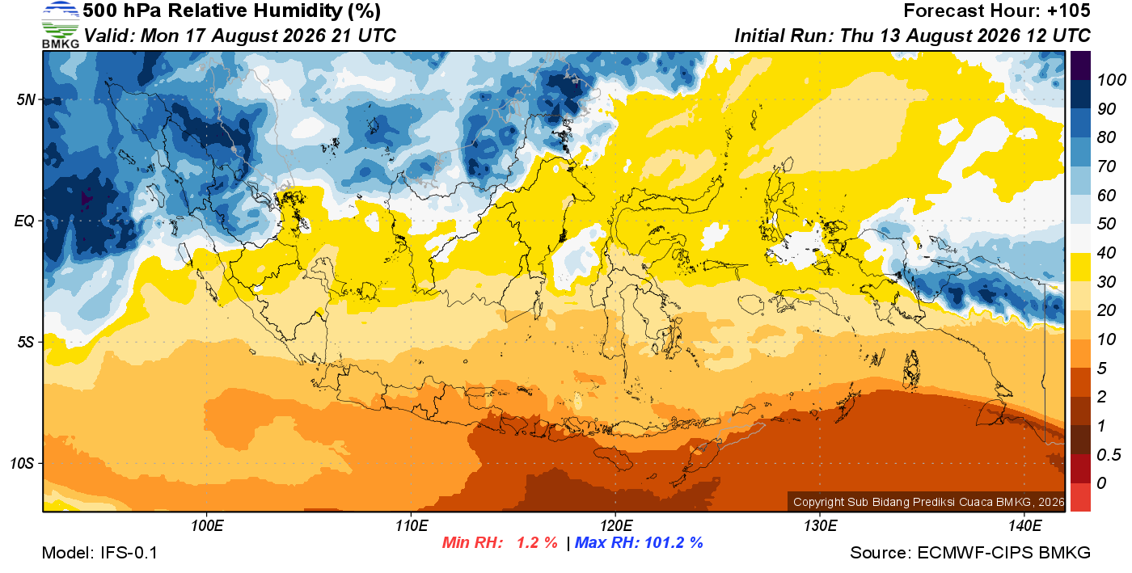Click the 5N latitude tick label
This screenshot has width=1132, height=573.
click(26, 99)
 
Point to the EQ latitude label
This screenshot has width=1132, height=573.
click(25, 221)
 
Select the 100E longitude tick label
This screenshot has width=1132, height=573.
click(207, 526)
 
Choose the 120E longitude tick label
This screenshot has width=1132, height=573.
click(616, 526)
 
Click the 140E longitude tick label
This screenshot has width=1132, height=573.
click(1025, 526)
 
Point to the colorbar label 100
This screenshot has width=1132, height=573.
click(1111, 80)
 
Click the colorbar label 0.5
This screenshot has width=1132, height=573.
click(1109, 455)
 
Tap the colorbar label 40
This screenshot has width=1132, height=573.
click(1106, 253)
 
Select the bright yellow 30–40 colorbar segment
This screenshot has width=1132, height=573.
click(1080, 267)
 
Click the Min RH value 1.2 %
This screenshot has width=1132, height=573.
click(537, 542)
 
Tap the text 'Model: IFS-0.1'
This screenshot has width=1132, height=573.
click(99, 553)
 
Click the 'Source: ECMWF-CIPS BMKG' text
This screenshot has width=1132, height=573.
click(970, 553)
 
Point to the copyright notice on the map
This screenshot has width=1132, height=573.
click(928, 502)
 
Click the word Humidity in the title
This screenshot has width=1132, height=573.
click(298, 11)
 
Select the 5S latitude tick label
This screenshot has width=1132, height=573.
click(26, 342)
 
